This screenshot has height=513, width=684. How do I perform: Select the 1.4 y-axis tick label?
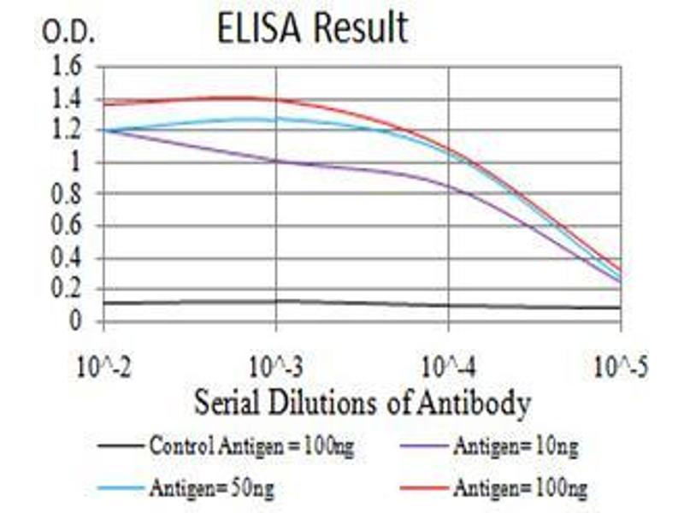tap(67, 99)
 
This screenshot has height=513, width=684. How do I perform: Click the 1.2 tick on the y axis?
tap(67, 131)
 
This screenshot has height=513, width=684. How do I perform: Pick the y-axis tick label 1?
tap(78, 162)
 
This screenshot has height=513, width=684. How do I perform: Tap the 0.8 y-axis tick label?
tap(67, 194)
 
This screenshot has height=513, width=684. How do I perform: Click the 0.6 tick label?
tap(67, 226)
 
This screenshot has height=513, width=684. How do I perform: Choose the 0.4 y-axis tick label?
tap(67, 257)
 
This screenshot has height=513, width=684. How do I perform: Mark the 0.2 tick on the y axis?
tap(67, 290)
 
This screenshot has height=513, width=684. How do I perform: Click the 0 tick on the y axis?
tap(78, 321)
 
